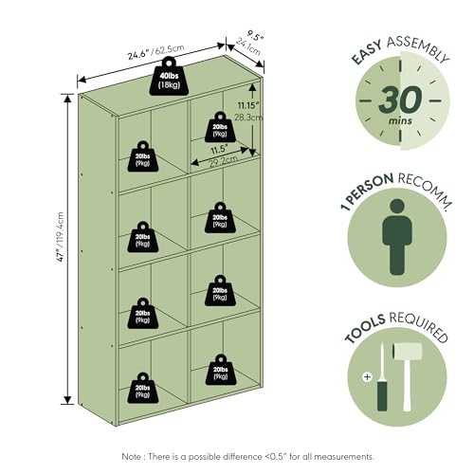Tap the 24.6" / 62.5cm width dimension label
tap(155, 52)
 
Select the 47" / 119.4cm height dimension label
tap(60, 237)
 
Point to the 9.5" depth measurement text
tap(255, 35)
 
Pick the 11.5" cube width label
tap(220, 150)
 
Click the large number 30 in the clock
tap(400, 100)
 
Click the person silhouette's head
tap(397, 207)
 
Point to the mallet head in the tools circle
tap(407, 352)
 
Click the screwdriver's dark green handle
tap(382, 395)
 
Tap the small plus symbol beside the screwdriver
tap(367, 376)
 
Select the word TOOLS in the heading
tap(365, 329)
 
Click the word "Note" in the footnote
tap(132, 456)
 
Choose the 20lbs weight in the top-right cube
tap(220, 127)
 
